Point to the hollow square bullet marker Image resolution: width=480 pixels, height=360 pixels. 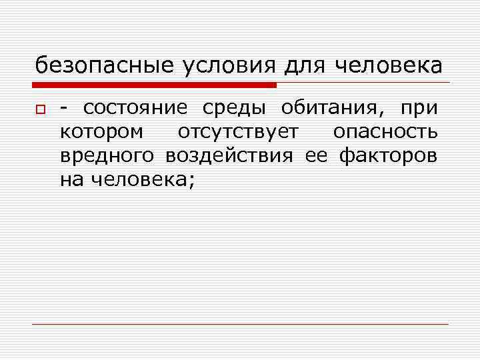40,109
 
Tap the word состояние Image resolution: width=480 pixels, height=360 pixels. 137,108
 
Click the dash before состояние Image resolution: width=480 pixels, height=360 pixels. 64,109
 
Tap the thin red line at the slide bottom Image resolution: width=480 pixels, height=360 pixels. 240,324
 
